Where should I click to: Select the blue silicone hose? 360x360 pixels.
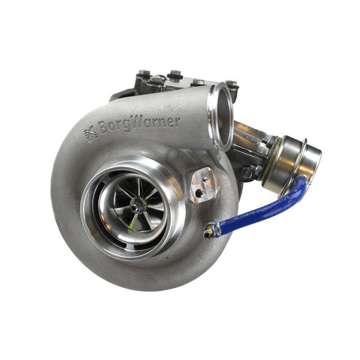(262, 214)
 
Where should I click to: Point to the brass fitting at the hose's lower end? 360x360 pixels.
(211, 232)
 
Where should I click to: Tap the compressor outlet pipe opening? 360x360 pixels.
(221, 116)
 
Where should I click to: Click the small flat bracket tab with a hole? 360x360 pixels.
(202, 184)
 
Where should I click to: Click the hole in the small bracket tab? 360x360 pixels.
(198, 190)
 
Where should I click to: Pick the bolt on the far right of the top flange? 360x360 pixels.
(232, 85)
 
